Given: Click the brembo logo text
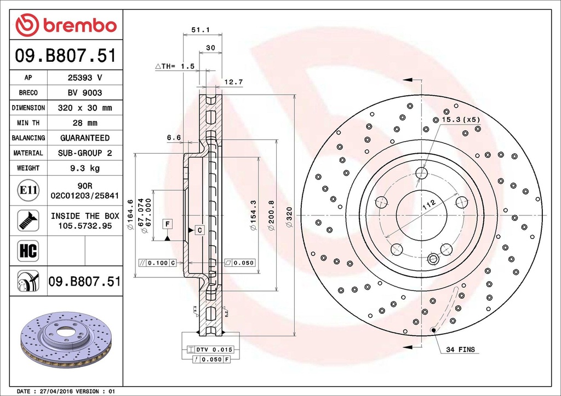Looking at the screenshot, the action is click(80, 26).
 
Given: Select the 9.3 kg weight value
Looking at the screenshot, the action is click(85, 168).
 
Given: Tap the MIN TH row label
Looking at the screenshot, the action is click(28, 123).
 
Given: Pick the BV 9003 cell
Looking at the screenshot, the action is click(85, 93).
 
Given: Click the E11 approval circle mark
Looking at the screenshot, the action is click(28, 190).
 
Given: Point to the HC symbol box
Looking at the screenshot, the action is click(28, 251).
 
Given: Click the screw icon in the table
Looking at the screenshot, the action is click(28, 220).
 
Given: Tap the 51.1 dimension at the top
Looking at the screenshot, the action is click(201, 30).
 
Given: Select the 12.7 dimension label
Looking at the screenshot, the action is click(233, 82).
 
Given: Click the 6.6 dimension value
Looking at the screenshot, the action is click(174, 137).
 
